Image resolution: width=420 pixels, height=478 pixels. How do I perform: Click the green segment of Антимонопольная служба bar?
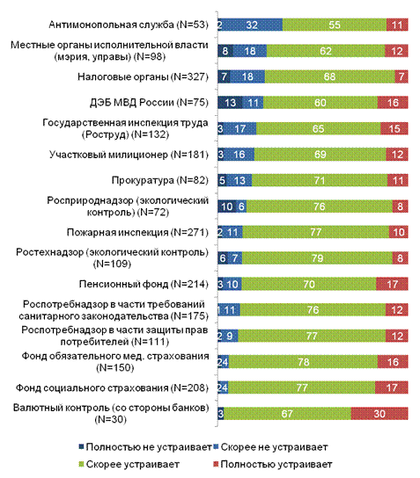click(335, 25)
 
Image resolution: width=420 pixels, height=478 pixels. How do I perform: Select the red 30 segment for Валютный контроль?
click(379, 414)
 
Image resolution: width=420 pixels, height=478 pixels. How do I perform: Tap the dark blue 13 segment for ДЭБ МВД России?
click(230, 103)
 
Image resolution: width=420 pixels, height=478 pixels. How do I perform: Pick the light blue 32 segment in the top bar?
click(252, 25)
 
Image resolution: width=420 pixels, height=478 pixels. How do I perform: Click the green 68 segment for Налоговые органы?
click(330, 76)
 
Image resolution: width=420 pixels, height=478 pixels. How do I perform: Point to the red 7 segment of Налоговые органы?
click(402, 76)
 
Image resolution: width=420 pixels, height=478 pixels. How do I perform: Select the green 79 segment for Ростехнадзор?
click(317, 258)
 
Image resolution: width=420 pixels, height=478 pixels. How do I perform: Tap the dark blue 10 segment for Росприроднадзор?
click(227, 206)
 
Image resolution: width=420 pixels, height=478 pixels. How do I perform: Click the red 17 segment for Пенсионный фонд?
click(392, 284)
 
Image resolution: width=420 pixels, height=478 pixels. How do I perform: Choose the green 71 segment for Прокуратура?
click(320, 180)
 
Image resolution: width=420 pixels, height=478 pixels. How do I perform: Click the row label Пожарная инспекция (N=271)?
click(137, 232)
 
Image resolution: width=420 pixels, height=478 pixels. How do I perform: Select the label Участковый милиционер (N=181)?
click(129, 155)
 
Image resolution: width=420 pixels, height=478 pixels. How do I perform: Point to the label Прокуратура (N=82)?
click(160, 180)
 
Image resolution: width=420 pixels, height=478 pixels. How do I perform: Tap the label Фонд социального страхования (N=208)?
click(112, 387)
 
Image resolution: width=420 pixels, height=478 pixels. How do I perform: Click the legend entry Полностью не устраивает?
click(145, 447)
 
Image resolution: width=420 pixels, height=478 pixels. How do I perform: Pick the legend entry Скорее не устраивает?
click(270, 447)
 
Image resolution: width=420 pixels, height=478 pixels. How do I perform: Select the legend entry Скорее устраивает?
click(129, 464)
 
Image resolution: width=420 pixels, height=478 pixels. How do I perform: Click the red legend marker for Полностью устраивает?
click(216, 464)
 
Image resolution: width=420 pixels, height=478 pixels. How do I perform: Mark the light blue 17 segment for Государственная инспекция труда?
click(240, 128)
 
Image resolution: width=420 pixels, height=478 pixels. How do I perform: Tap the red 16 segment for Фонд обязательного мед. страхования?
click(393, 362)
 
